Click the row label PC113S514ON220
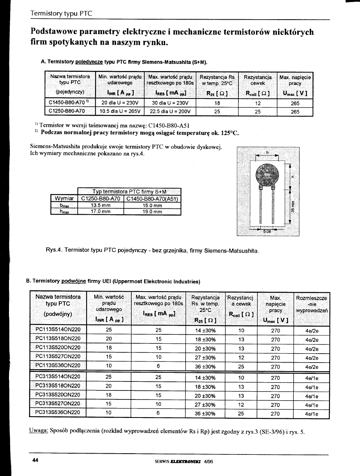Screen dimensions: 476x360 pos(58,330)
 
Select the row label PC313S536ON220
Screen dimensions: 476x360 pos(58,412)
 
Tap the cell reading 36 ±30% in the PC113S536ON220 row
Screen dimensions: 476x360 pos(205,367)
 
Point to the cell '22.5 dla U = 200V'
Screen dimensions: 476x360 pos(170,111)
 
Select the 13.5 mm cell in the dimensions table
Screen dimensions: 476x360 pos(101,205)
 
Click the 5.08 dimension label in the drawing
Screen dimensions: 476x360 pos(267,232)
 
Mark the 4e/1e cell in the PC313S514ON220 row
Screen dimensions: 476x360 pos(311,378)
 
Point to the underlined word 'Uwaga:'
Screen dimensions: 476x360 pos(38,432)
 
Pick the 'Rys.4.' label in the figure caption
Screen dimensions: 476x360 pos(54,250)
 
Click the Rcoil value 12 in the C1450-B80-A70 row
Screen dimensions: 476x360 pos(258,104)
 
